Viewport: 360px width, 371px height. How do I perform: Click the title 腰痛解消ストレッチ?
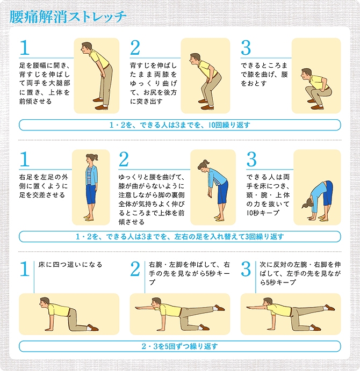pyautogui.click(x=68, y=17)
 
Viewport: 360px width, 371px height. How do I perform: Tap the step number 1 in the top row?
pyautogui.click(x=25, y=47)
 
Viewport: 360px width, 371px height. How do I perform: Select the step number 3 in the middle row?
pyautogui.click(x=251, y=159)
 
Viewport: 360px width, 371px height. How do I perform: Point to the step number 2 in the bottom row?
pyautogui.click(x=135, y=269)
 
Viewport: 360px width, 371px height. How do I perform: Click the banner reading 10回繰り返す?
pyautogui.click(x=180, y=125)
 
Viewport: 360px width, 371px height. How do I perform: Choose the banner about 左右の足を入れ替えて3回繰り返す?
pyautogui.click(x=180, y=236)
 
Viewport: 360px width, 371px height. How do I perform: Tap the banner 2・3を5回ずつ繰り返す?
pyautogui.click(x=180, y=346)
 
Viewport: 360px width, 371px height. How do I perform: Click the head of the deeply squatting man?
pyautogui.click(x=306, y=74)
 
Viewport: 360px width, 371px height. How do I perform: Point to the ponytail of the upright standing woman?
pyautogui.click(x=96, y=157)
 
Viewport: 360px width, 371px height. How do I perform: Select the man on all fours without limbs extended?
pyautogui.click(x=69, y=314)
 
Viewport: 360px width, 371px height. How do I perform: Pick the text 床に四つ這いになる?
pyautogui.click(x=70, y=265)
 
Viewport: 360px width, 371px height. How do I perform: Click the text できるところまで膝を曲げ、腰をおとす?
pyautogui.click(x=264, y=74)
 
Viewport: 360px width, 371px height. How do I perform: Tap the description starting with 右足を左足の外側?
pyautogui.click(x=44, y=186)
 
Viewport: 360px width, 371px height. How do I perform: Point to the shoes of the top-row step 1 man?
pyautogui.click(x=100, y=104)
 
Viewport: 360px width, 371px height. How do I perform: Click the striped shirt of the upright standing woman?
pyautogui.click(x=89, y=175)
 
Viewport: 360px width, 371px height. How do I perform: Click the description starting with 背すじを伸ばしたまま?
pyautogui.click(x=154, y=83)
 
